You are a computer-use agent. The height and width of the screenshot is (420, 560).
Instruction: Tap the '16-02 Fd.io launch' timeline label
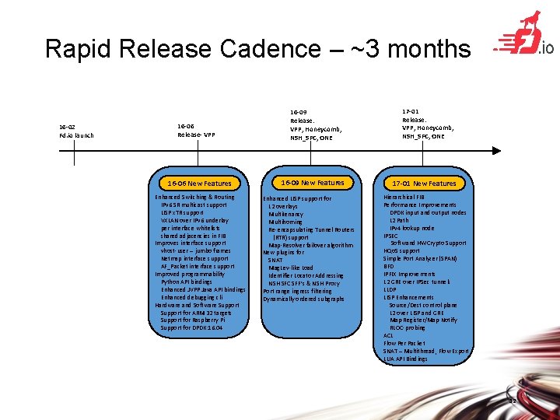[x=76, y=131]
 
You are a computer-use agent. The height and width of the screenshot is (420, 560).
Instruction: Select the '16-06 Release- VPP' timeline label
[x=196, y=130]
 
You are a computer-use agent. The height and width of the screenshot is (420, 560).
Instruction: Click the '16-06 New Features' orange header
[x=199, y=184]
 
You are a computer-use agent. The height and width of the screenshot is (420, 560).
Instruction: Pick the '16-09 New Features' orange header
[x=312, y=183]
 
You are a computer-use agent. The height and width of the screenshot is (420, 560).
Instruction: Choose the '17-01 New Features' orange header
[x=424, y=184]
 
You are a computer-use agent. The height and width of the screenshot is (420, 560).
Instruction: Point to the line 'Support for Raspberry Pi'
[x=192, y=320]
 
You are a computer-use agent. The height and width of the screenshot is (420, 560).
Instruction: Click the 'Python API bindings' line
[x=187, y=282]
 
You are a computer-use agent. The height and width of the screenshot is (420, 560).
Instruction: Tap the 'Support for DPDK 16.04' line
[x=191, y=327]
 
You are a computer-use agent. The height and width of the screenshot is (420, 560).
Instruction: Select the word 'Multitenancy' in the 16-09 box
[x=286, y=214]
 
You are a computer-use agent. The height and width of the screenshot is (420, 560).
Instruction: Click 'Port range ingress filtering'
[x=297, y=291]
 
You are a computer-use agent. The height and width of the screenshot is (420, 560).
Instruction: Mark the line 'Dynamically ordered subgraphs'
[x=303, y=299]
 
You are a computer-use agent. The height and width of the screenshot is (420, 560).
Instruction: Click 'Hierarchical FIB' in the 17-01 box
[x=404, y=198]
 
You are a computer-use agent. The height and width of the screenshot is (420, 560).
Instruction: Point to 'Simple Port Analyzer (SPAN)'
[x=420, y=258]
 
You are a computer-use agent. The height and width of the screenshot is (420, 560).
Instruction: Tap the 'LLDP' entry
[x=390, y=289]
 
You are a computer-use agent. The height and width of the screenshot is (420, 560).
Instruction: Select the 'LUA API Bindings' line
[x=405, y=359]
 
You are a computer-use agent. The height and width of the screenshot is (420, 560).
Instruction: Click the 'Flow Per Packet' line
[x=404, y=343]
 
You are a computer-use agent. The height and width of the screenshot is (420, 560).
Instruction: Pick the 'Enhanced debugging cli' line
[x=191, y=297]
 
